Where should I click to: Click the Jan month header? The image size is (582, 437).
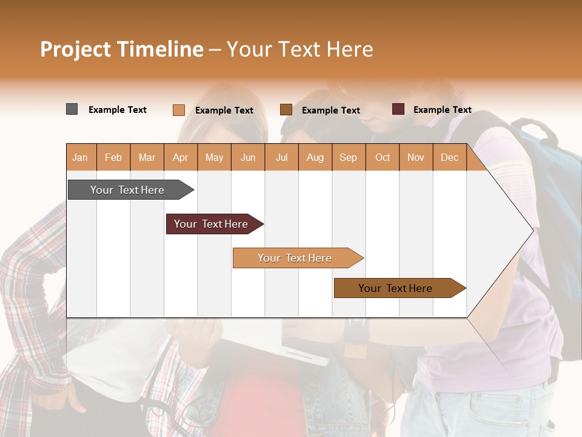[80, 157]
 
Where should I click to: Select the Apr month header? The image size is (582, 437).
[180, 157]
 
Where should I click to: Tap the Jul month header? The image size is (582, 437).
[281, 157]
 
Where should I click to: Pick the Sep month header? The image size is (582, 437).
[348, 157]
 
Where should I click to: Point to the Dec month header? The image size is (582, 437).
[449, 157]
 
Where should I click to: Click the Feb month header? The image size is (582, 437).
[113, 157]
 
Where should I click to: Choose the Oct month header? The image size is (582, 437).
[383, 157]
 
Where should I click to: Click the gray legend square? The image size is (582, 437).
[72, 109]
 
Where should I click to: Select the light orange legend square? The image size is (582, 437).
[178, 110]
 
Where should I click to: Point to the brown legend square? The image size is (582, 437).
[286, 110]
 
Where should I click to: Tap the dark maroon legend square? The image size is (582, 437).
[398, 109]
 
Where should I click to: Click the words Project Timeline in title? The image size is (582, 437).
[121, 49]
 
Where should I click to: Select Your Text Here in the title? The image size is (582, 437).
[299, 49]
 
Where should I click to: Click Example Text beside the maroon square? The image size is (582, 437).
[442, 110]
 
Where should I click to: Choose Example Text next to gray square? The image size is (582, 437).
[118, 110]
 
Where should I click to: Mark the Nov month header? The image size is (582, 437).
[416, 157]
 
